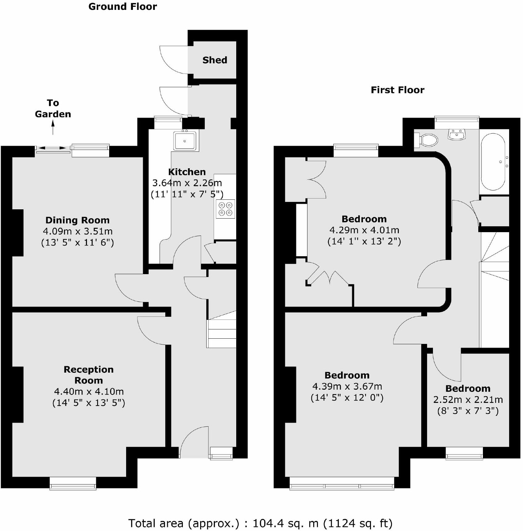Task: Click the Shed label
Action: [215, 60]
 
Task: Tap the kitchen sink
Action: [185, 141]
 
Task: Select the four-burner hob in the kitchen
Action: [225, 209]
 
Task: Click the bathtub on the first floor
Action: [493, 162]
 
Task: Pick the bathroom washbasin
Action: [457, 135]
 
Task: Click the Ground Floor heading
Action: [122, 6]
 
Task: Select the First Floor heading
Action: [397, 90]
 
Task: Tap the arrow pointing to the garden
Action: [53, 127]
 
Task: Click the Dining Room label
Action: [77, 220]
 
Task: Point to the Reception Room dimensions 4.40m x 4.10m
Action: [89, 391]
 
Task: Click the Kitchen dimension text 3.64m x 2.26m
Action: [187, 183]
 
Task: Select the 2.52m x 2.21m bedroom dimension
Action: [468, 400]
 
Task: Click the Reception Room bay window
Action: [73, 483]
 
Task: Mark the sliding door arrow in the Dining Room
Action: [52, 148]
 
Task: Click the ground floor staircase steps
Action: [222, 333]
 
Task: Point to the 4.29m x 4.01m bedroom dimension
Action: [364, 230]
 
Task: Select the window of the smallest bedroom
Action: [464, 453]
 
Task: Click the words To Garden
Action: [53, 108]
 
